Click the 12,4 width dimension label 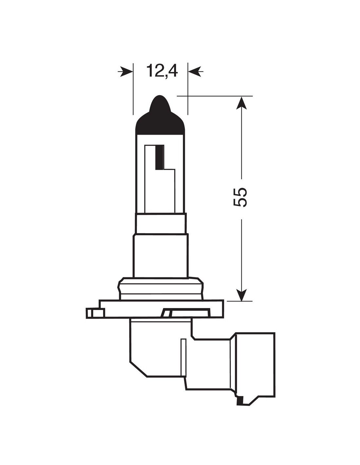tap(162, 71)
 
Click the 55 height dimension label tap(240, 197)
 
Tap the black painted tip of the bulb tap(160, 115)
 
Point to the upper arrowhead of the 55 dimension tap(241, 103)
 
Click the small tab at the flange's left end tap(95, 313)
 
